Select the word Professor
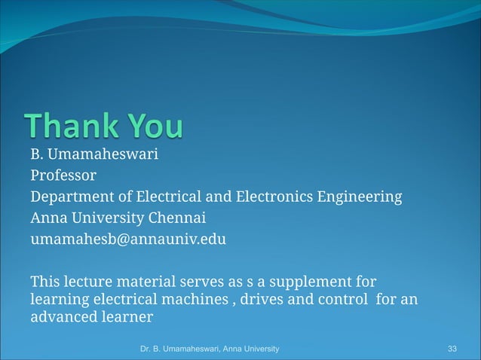63,176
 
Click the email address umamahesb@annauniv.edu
128,239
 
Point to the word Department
72,198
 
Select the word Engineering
361,198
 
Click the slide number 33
452,349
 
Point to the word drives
262,300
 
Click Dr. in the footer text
147,349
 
